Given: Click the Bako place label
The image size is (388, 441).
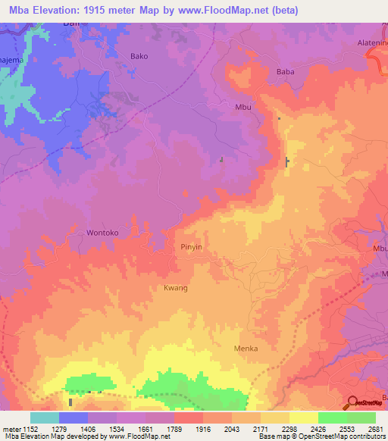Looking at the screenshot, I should (139, 56).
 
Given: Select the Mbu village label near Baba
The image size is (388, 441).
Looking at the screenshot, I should (243, 107).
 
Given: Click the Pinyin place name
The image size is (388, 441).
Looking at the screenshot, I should (192, 247).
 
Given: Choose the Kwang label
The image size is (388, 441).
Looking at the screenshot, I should (175, 289).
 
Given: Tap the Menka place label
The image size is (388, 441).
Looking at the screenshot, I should (246, 349).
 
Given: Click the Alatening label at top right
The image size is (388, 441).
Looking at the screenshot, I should (372, 44).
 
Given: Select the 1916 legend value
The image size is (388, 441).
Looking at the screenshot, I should (204, 429).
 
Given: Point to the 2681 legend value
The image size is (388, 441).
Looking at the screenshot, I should (376, 429).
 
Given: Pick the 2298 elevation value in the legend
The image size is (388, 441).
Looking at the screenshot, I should (289, 429).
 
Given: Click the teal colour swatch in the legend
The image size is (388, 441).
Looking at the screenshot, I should (45, 418).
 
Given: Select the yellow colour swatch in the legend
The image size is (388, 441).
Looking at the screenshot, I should (304, 418).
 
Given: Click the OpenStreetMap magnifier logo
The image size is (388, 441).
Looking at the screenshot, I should (352, 402).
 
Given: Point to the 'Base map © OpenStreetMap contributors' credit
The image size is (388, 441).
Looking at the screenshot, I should (321, 437).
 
